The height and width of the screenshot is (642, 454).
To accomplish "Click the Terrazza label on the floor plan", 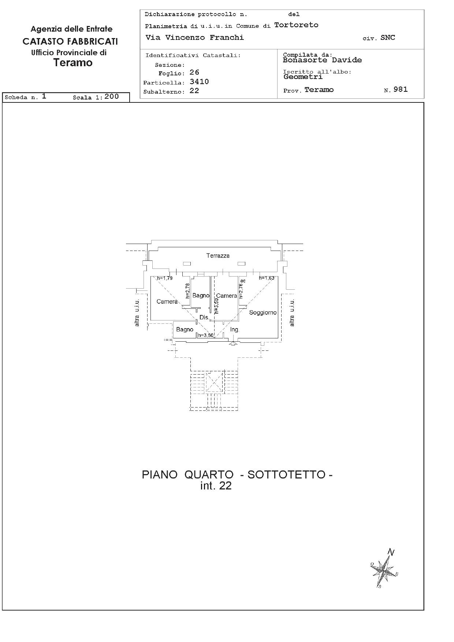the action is point(218,256).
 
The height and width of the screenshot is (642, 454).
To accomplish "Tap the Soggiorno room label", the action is point(263,312).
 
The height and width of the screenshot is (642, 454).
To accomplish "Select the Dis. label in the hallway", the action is point(204,317).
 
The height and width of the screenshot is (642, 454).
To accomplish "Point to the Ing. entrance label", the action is point(234,330).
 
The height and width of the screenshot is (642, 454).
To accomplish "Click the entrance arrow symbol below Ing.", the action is point(233,343).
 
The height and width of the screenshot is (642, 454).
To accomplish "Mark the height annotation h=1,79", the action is point(165,278).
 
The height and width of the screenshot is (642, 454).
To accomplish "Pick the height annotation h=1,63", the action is point(267,278).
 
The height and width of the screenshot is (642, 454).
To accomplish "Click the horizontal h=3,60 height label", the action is point(205,335).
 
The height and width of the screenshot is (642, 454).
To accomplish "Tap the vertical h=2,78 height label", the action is point(188,291).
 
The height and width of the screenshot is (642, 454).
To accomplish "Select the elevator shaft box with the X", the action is point(214,383).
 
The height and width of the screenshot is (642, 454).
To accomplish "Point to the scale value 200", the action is point(112,97).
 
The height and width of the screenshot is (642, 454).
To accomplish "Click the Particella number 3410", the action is point(199,82).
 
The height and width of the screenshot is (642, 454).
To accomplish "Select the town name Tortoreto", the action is point(296,25).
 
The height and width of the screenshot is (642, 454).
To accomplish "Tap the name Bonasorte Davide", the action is point(323,60).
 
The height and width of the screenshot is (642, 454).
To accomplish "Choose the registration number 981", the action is point(401,90).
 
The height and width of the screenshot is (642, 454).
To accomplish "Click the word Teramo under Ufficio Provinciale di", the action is point(73,63).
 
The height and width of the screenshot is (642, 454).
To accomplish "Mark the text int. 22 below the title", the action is point(216,486).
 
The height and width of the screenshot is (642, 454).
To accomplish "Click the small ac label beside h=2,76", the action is point(243,281).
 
